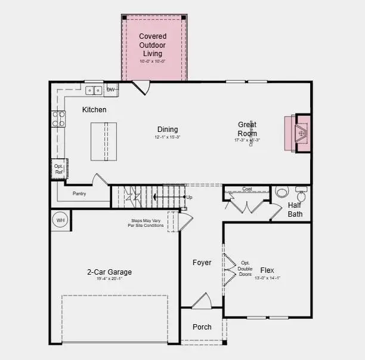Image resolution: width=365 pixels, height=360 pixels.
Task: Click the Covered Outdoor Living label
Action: (x=153, y=45)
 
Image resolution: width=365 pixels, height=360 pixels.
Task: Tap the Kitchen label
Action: (x=94, y=110)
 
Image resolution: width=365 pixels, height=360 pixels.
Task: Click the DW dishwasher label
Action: (x=110, y=90)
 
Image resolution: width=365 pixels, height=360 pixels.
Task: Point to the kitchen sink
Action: (x=94, y=91)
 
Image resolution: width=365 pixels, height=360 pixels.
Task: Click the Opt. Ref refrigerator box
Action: (x=58, y=169)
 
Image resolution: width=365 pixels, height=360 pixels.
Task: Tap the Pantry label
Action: (x=80, y=194)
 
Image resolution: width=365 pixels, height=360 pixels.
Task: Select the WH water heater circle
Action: (x=60, y=220)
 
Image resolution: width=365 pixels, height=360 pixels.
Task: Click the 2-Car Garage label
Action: (x=109, y=272)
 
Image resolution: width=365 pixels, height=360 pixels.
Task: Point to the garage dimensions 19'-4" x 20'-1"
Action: (x=109, y=279)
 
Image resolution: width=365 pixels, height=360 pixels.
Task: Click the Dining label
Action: (x=168, y=130)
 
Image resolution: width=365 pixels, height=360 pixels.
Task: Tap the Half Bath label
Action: (x=295, y=210)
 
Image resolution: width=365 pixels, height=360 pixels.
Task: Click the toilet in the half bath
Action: (x=282, y=193)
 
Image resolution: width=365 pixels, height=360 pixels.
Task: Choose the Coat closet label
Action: (x=247, y=189)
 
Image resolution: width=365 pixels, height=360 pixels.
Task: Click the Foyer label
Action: (x=202, y=263)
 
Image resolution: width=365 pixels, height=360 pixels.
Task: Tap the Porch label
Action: (x=202, y=327)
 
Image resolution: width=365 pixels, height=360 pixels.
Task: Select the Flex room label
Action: (x=267, y=270)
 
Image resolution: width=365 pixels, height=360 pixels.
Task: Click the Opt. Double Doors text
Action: (x=246, y=268)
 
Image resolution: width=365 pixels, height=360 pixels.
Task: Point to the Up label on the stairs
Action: (x=190, y=197)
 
